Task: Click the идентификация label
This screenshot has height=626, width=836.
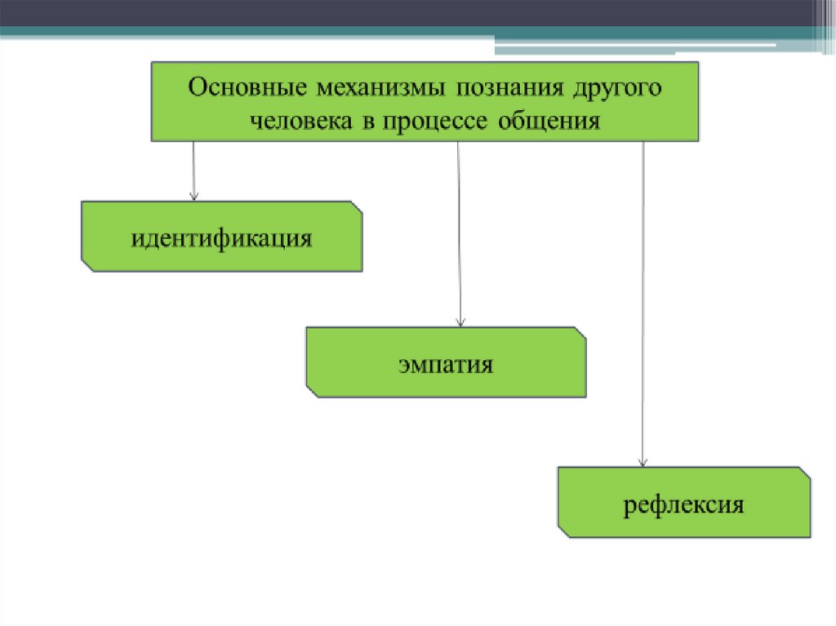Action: coord(221,238)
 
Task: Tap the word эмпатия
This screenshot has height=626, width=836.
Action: coord(446,364)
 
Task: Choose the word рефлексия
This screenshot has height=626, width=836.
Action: coord(684,504)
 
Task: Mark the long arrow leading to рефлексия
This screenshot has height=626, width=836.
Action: coord(643,302)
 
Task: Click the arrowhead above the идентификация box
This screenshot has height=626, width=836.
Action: coord(194,196)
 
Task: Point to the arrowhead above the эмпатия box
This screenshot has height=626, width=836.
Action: coord(461,322)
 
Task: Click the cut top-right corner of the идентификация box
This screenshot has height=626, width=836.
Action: coord(356,207)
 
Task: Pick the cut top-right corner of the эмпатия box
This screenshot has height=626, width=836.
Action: coord(580,334)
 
